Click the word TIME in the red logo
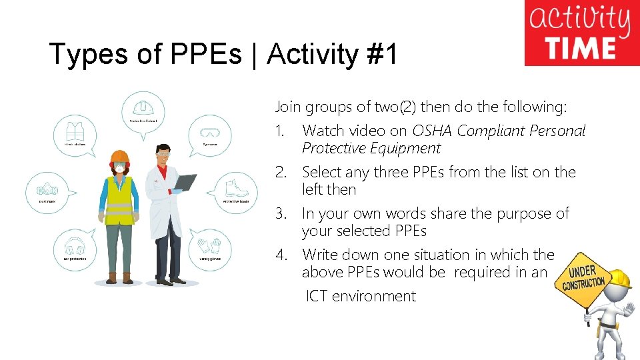[x=579, y=49]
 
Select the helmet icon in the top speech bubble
[x=142, y=107]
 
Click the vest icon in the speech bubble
[x=75, y=129]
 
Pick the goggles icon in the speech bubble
[x=210, y=131]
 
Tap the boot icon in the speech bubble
[x=236, y=187]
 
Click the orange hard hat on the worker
[x=119, y=157]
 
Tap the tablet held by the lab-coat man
[x=185, y=181]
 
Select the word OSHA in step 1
[x=433, y=131]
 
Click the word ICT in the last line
[x=317, y=296]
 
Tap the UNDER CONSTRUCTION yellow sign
[x=583, y=279]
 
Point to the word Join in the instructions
[x=288, y=107]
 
